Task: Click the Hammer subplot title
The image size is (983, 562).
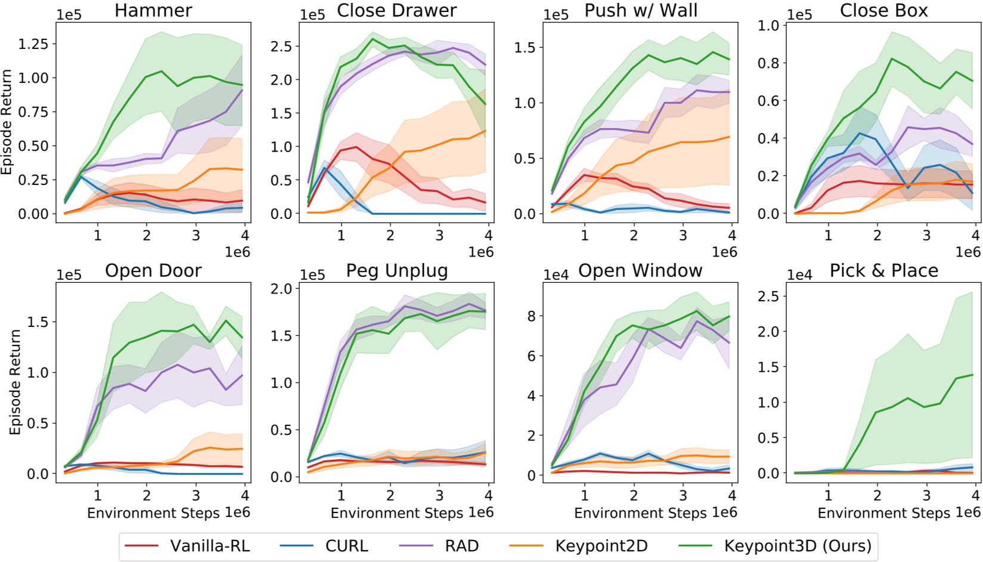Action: tap(153, 11)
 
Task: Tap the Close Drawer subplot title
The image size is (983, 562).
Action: tap(397, 11)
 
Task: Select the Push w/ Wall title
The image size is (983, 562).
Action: tap(640, 11)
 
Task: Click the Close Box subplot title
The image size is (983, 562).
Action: tap(883, 11)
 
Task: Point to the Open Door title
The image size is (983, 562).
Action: tap(153, 271)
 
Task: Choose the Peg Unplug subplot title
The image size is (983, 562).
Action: tap(397, 271)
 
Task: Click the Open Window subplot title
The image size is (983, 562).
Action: tap(640, 271)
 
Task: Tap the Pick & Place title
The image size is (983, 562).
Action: tap(883, 271)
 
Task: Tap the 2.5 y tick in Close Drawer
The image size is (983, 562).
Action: tap(281, 47)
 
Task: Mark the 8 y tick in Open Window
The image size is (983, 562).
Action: tap(531, 316)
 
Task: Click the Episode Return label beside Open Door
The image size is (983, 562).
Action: tap(15, 382)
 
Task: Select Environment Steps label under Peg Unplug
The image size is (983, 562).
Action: tap(396, 513)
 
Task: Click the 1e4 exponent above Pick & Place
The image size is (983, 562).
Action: tap(799, 275)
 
